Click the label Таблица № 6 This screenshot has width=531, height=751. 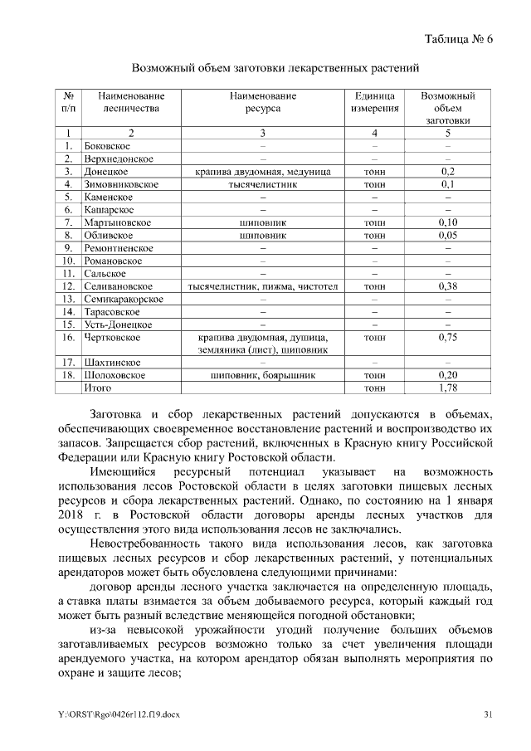[458, 39]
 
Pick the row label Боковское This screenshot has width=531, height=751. [108, 146]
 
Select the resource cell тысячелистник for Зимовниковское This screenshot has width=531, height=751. [262, 184]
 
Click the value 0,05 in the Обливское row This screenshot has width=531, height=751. [448, 235]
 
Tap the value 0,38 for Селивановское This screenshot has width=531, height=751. [448, 286]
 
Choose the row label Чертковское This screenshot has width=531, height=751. [113, 338]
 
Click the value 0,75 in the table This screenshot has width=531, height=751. [448, 338]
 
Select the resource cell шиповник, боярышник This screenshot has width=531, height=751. [262, 375]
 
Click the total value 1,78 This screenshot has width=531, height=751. [448, 388]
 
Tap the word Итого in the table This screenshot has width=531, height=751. [98, 388]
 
